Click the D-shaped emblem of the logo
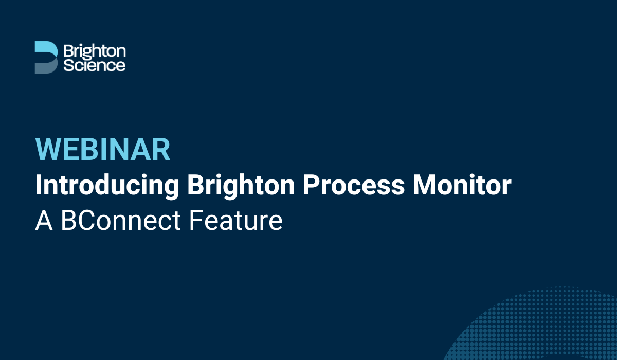pyautogui.click(x=45, y=57)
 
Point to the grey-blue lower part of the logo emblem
pyautogui.click(x=43, y=66)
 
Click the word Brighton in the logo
pyautogui.click(x=94, y=51)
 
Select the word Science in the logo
pyautogui.click(x=94, y=65)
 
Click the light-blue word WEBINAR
pyautogui.click(x=103, y=150)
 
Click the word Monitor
pyautogui.click(x=462, y=185)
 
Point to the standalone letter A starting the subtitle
pyautogui.click(x=43, y=221)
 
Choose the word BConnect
pyautogui.click(x=121, y=221)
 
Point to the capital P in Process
pyautogui.click(x=311, y=185)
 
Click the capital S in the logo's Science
pyautogui.click(x=67, y=65)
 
